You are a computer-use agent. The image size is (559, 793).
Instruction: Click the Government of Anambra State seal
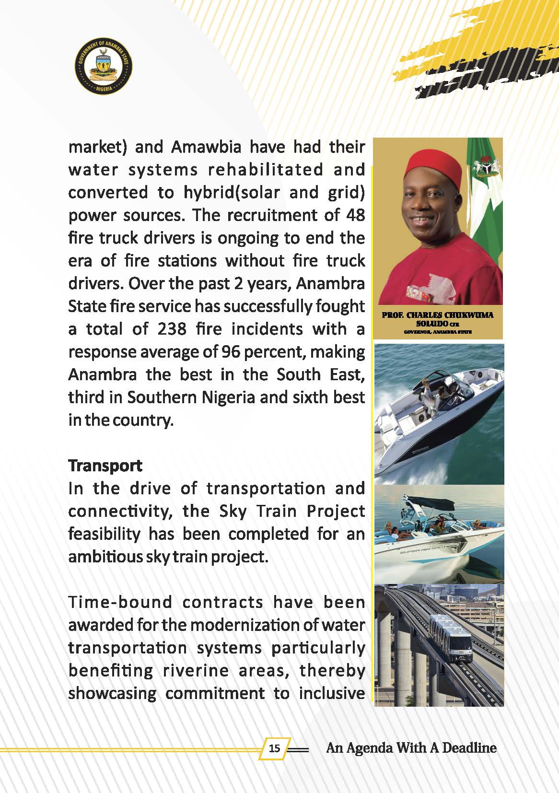[104, 67]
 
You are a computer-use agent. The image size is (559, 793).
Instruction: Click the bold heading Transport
[105, 465]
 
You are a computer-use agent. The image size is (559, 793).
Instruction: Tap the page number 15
[275, 748]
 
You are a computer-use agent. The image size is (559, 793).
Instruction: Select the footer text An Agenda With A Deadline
[411, 747]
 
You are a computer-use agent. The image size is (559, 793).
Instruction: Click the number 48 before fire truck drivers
[355, 215]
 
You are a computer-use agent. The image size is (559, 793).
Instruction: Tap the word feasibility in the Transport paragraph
[104, 534]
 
